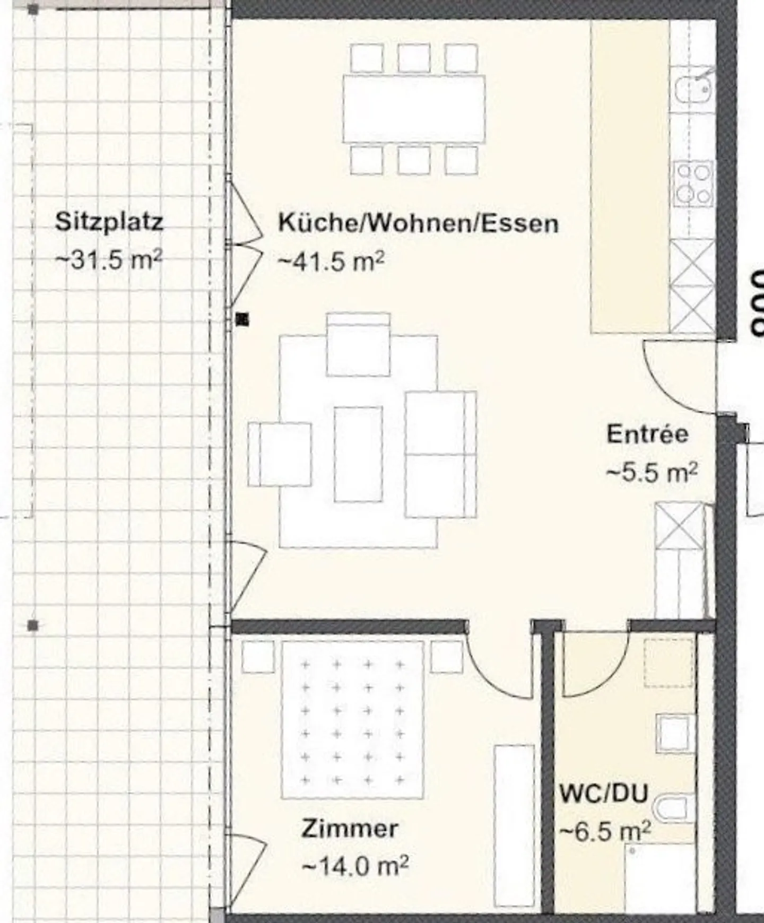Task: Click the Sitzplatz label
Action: pos(109,222)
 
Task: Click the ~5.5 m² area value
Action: pos(652,472)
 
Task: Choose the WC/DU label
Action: pos(604,794)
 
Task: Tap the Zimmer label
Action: pos(350,829)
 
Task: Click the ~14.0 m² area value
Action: pos(355,866)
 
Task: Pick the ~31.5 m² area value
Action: pos(109,260)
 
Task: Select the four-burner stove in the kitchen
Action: pos(693,184)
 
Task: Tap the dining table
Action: pos(414,109)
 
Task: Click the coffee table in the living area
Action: pos(358,454)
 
